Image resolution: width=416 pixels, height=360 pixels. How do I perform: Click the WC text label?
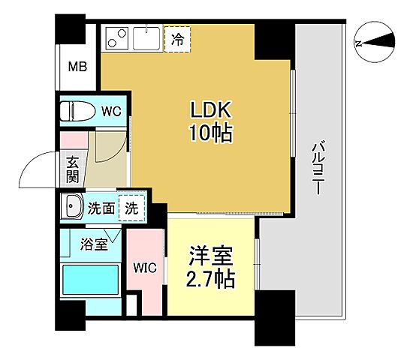click(x=111, y=112)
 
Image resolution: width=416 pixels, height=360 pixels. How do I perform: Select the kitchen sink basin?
click(x=146, y=37)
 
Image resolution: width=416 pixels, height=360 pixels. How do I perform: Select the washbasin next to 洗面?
click(x=73, y=207)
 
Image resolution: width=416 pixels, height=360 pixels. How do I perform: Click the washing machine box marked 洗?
click(x=131, y=209)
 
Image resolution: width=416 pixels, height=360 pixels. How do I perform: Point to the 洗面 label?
click(x=102, y=209)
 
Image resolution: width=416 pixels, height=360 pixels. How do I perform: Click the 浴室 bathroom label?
click(x=95, y=244)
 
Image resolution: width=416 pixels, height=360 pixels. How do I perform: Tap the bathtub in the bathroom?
click(x=89, y=280)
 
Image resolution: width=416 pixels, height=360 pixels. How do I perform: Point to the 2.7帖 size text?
click(x=211, y=280)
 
